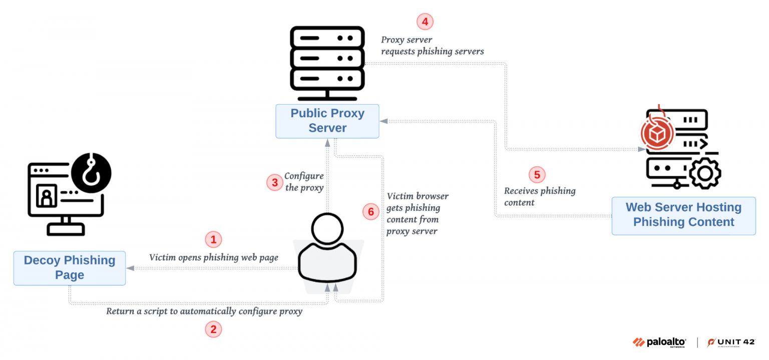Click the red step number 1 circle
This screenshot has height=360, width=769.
tap(213, 240)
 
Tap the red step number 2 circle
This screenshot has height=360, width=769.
tap(213, 329)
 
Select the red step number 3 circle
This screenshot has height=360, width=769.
tap(274, 182)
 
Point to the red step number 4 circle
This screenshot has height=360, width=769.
tap(425, 22)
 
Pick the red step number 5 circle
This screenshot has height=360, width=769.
tap(537, 175)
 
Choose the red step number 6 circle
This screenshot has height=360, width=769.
tap(370, 212)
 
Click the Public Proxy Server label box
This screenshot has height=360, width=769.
tap(327, 121)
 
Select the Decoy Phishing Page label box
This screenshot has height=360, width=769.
tap(70, 268)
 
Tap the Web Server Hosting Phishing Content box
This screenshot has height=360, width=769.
tap(683, 215)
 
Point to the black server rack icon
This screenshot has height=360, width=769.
tap(327, 64)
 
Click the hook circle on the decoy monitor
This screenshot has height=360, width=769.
tap(91, 173)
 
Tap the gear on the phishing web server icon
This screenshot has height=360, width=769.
tap(705, 173)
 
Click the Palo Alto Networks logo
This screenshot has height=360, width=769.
tap(659, 342)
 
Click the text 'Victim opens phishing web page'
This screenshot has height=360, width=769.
tap(214, 257)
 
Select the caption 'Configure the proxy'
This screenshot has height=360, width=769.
tap(304, 182)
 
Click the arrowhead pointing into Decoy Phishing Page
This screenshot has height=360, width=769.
tap(131, 268)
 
